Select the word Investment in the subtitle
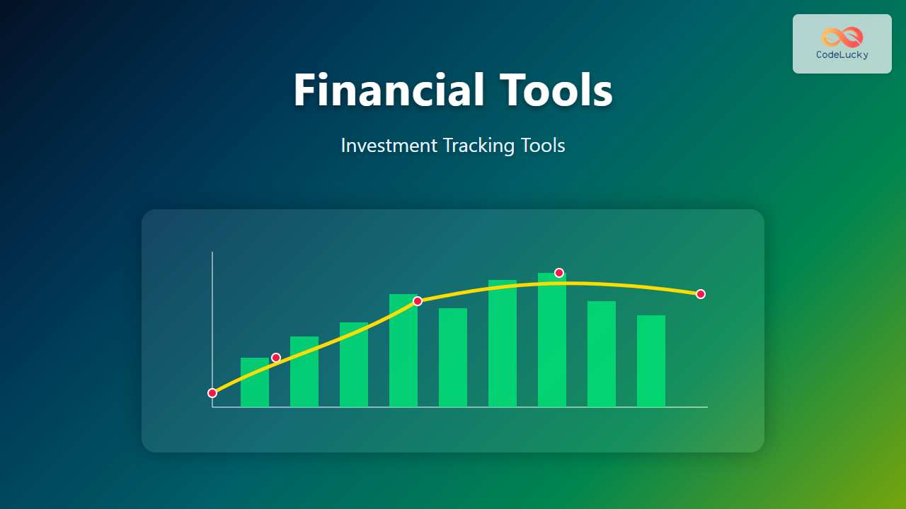click(x=389, y=146)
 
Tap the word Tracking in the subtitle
click(x=479, y=146)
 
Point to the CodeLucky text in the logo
click(x=842, y=54)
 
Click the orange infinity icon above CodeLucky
click(x=842, y=37)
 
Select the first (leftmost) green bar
click(x=255, y=382)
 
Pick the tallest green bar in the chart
click(x=552, y=340)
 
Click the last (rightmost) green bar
click(x=651, y=361)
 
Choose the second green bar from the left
click(x=304, y=372)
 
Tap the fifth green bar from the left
click(x=453, y=358)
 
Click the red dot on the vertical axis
click(x=212, y=392)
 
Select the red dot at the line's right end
click(x=701, y=294)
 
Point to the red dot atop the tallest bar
click(x=559, y=273)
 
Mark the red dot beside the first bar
click(x=276, y=358)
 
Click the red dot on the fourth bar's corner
click(x=418, y=301)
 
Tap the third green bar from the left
click(x=354, y=364)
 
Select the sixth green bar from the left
click(x=503, y=344)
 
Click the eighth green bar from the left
click(x=602, y=354)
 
